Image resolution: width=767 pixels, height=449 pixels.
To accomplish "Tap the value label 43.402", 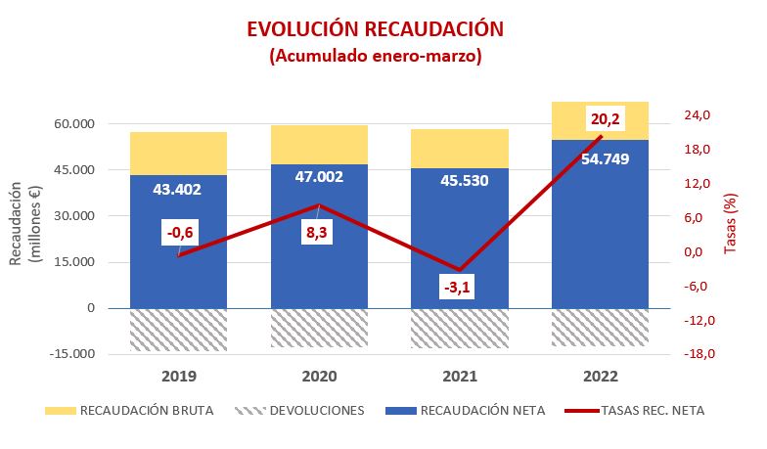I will click(x=177, y=189).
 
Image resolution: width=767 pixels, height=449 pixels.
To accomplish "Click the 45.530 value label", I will click(x=460, y=181).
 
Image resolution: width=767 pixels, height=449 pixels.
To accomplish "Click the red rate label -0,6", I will click(x=178, y=233).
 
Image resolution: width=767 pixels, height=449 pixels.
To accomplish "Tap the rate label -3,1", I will click(x=456, y=288).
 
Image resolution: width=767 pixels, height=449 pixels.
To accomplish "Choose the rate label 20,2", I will click(x=604, y=119).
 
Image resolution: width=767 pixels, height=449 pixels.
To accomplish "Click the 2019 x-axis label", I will click(x=178, y=377).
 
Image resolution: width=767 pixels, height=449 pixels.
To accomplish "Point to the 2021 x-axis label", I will click(x=459, y=377).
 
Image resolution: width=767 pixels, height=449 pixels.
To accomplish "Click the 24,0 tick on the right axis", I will click(x=697, y=115).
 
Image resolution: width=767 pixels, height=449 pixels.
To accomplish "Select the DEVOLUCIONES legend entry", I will click(x=306, y=411).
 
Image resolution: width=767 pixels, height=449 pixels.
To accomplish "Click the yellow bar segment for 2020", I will click(x=319, y=145).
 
